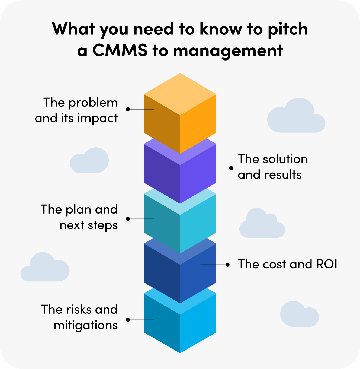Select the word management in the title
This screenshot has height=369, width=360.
[228, 51]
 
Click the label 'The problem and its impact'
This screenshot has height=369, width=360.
[76, 110]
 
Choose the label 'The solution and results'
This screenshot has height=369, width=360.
[272, 167]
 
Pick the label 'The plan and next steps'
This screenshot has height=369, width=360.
[79, 217]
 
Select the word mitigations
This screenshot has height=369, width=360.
[86, 325]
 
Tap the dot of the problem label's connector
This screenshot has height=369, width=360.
[128, 109]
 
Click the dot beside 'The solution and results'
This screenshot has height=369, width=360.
[231, 168]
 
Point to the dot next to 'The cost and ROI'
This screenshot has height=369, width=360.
[228, 265]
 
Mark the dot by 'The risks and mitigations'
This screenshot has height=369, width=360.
[128, 320]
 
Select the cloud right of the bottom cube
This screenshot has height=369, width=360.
[299, 315]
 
